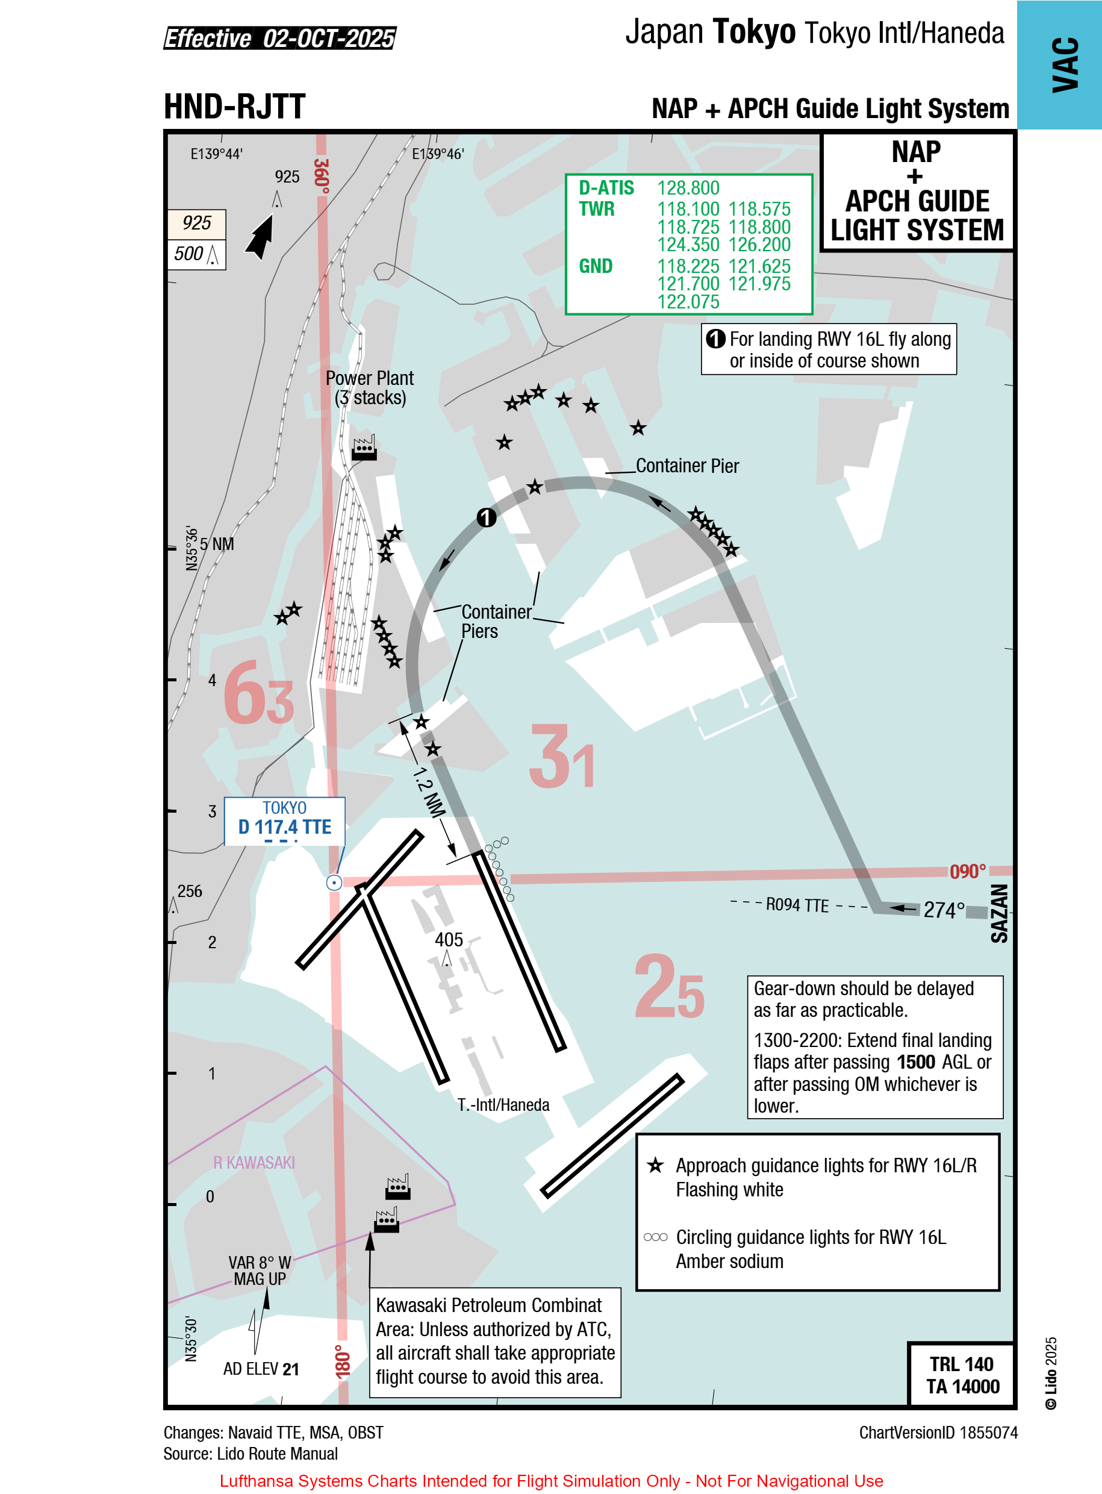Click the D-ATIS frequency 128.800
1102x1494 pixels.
coord(688,188)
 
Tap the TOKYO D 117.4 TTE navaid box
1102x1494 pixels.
coord(284,820)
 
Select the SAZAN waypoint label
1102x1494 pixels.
coord(998,913)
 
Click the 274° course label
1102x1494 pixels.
coord(944,910)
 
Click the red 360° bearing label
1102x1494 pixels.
coord(322,175)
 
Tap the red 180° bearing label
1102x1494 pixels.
coord(342,1362)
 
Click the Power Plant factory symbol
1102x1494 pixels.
coord(364,448)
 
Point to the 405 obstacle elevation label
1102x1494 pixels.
coord(449,940)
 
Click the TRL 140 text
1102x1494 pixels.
coord(961,1364)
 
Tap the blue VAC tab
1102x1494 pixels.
coord(1059,64)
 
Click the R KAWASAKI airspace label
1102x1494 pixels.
coord(254,1163)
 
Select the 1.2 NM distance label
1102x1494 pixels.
coord(428,792)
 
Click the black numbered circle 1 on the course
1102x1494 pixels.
coord(487,517)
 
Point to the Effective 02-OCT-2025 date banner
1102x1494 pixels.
coord(280,38)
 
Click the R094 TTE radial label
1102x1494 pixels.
coord(797,905)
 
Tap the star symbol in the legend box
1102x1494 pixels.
coord(655,1165)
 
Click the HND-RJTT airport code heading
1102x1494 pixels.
coord(235,107)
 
